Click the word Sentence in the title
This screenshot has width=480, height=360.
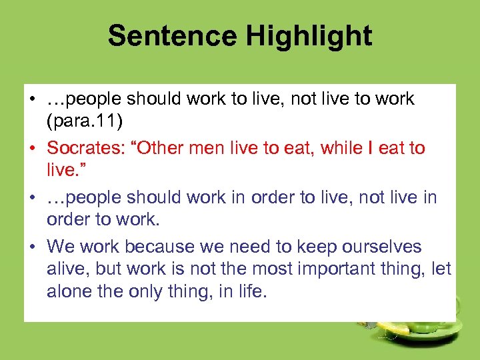point(171,36)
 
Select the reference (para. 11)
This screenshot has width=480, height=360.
point(85,123)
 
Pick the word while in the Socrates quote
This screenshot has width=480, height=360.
point(340,148)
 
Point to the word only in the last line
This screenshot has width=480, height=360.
point(153,292)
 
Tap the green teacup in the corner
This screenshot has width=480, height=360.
point(427,327)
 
